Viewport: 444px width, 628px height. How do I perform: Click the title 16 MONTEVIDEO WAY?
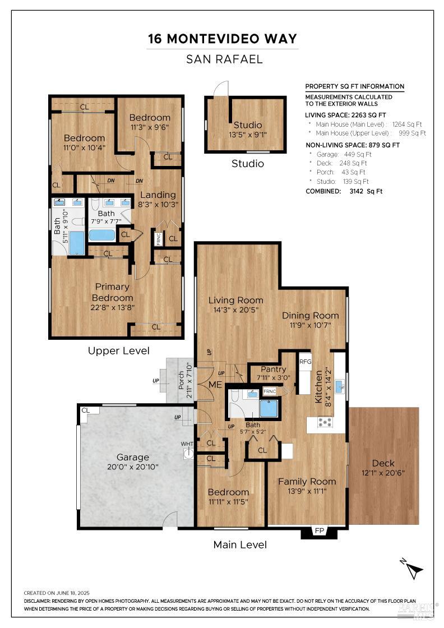[222, 39]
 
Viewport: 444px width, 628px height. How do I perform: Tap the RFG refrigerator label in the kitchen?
[305, 362]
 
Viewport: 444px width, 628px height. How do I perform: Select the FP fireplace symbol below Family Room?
[320, 530]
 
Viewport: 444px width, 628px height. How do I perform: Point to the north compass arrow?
[414, 570]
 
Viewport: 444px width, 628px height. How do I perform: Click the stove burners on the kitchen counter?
[325, 422]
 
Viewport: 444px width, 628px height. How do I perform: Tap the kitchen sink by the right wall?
[340, 386]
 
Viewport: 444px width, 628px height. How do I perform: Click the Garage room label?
[133, 457]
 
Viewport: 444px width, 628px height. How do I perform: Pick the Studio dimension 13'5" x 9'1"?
[247, 135]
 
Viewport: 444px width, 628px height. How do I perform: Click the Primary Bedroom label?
[113, 292]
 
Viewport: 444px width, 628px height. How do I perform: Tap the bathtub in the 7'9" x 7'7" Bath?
[102, 234]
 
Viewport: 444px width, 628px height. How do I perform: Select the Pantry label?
[273, 370]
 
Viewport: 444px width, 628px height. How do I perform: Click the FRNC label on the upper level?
[159, 238]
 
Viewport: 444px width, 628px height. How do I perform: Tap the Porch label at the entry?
[182, 382]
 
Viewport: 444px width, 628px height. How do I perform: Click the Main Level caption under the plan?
[240, 544]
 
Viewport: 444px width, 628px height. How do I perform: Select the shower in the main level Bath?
[269, 408]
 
